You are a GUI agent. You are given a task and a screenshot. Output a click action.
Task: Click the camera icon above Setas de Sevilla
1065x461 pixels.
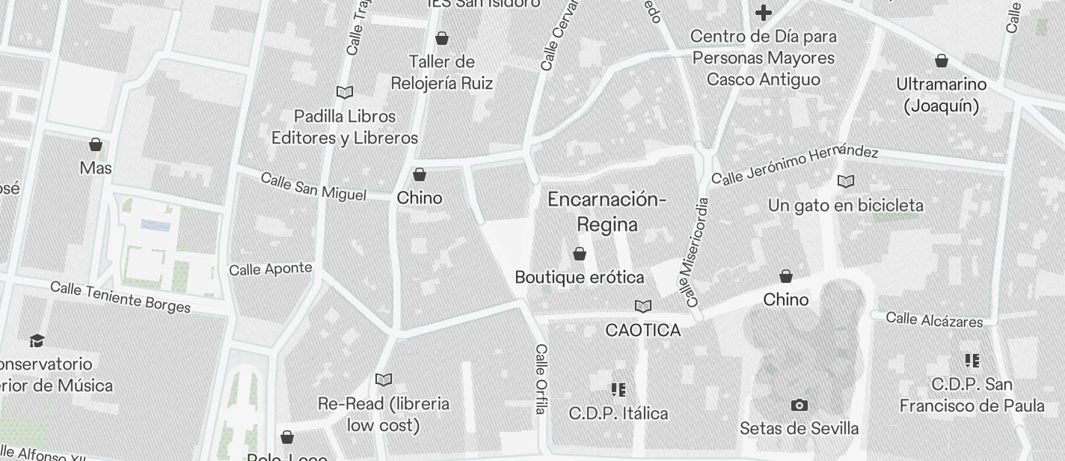pos(799,406)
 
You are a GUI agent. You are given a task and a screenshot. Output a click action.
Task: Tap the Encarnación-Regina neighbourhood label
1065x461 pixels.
pos(607,212)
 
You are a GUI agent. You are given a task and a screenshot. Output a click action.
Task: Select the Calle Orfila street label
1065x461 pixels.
pos(541,379)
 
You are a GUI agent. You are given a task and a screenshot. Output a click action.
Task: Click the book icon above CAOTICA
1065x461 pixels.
pos(642,306)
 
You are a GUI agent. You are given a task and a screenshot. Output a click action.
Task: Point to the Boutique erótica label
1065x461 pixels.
pos(580,278)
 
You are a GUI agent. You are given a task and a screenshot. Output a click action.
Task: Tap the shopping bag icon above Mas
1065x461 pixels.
pos(96,144)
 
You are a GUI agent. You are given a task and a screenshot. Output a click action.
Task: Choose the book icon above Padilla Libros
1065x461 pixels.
pos(345,93)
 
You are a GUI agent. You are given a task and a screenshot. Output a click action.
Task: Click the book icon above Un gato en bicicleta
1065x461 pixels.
pos(846,182)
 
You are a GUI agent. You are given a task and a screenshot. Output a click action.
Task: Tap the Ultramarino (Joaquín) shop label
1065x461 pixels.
pos(942,95)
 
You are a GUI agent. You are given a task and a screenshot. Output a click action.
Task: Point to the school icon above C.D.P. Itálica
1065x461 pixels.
pos(618,390)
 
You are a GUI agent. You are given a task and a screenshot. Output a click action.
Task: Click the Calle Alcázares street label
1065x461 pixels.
pos(934,320)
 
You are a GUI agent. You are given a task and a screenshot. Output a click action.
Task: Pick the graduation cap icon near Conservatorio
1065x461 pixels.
pos(37,341)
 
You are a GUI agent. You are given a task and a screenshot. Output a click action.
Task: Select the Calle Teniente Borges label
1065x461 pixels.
pos(120,296)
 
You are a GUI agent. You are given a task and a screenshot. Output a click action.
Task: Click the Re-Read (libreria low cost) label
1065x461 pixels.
pos(384,415)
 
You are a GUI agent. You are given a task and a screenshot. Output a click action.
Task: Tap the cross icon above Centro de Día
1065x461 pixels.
pos(763,13)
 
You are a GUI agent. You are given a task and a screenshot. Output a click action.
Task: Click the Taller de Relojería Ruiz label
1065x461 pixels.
pos(442,73)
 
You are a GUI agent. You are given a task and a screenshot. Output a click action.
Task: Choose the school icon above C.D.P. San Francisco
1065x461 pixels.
pos(972,361)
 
